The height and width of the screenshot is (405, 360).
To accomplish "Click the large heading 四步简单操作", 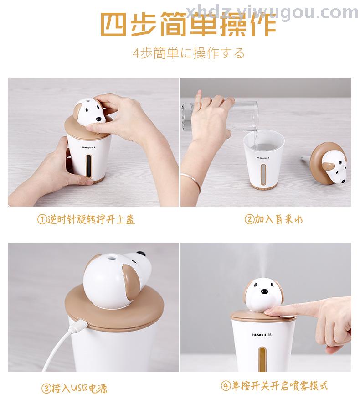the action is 188,25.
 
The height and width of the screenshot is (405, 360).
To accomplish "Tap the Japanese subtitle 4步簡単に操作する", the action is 189,53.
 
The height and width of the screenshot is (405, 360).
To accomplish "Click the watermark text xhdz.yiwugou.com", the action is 272,12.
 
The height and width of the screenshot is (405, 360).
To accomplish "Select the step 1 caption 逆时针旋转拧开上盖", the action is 86,219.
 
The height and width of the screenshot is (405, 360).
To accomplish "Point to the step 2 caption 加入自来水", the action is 273,219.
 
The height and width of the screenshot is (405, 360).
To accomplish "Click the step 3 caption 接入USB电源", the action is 74,388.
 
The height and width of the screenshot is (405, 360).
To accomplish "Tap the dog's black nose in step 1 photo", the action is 98,119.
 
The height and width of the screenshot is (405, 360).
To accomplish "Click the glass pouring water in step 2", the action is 221,116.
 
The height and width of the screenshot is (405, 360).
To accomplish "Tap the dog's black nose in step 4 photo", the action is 264,291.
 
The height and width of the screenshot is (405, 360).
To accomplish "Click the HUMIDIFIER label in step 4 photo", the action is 262,334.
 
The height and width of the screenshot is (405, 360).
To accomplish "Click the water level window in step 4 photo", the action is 262,359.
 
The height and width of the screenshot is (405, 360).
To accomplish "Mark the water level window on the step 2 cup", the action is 263,174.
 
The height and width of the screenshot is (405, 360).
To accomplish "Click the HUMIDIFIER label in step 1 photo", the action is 88,147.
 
